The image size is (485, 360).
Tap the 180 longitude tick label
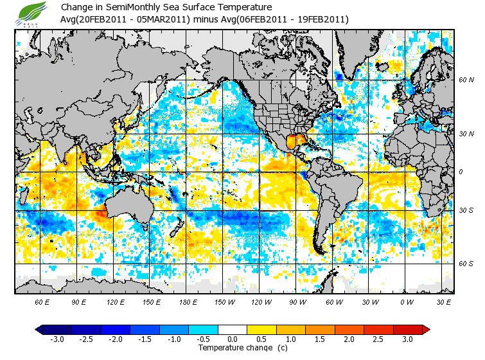click(188, 301)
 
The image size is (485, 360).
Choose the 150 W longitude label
click(224, 301)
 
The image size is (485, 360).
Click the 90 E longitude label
click(78, 301)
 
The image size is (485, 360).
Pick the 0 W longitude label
click(406, 301)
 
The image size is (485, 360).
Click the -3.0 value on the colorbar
click(57, 339)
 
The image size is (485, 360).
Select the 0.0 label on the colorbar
click(232, 339)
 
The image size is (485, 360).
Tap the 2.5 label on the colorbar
click(377, 339)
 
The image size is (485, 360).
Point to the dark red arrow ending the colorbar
click(425, 329)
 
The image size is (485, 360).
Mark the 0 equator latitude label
click(461, 172)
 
